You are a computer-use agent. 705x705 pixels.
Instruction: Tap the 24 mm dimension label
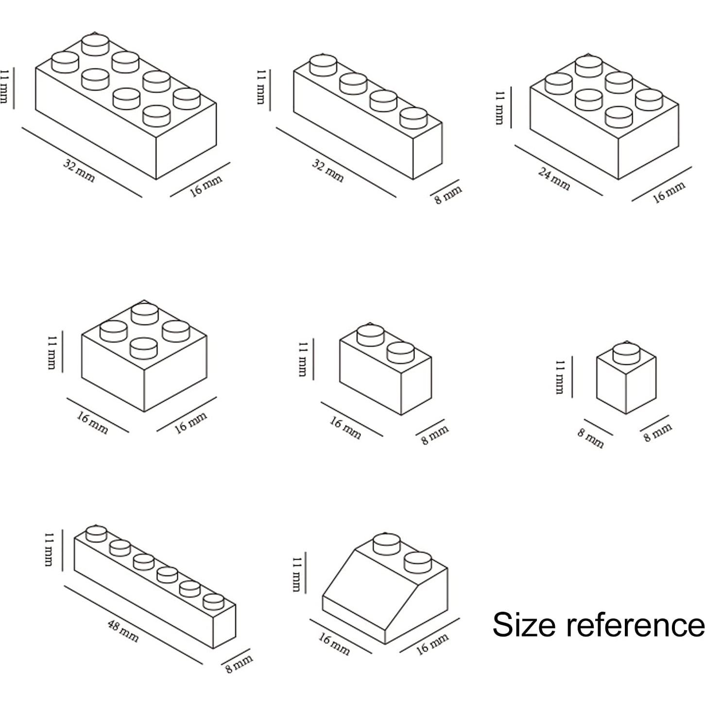click(554, 178)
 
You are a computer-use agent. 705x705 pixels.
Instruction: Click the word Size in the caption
click(524, 624)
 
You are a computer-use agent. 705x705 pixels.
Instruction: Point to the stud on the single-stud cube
click(626, 353)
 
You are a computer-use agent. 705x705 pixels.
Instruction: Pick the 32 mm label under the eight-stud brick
click(79, 171)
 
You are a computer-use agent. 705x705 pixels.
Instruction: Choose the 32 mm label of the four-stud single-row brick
click(328, 171)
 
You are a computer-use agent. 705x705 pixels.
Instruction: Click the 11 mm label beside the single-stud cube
click(560, 377)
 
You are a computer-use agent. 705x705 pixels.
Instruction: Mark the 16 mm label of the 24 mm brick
click(669, 192)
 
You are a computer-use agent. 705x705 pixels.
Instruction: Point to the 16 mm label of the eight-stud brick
click(206, 187)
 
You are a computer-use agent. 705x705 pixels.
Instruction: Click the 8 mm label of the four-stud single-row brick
click(448, 195)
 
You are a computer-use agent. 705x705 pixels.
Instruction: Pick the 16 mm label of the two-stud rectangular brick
click(345, 428)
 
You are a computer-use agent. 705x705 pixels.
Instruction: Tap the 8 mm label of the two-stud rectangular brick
click(434, 435)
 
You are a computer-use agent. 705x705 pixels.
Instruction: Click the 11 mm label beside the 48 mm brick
click(49, 550)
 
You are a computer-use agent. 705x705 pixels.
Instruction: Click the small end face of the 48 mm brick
click(224, 627)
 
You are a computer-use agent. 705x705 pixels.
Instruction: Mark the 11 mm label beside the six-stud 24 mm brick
click(500, 108)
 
